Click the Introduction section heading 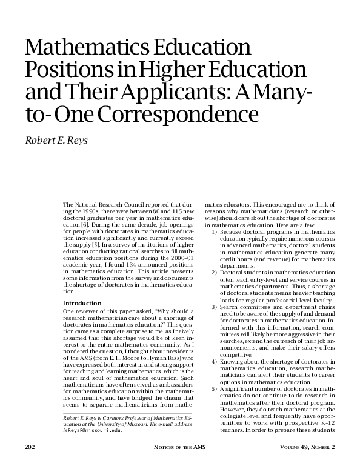[x=84, y=302]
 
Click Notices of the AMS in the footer [x=179, y=447]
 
